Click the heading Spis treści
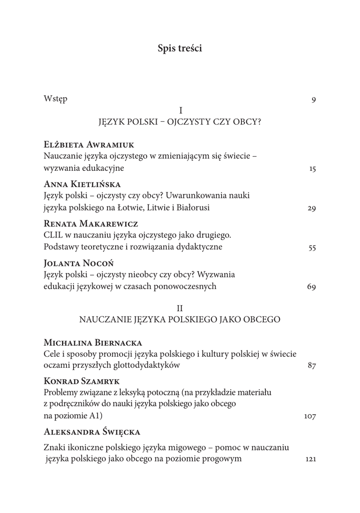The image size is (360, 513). coord(180,49)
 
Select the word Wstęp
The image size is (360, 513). coord(56,99)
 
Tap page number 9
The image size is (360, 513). coord(313,100)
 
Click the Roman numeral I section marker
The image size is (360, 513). coord(180,110)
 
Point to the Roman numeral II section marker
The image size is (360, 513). coord(180,307)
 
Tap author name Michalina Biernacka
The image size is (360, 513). coord(93,343)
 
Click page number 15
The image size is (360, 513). coord(312,169)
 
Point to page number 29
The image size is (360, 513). coord(311,208)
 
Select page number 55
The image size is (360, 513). coord(311,247)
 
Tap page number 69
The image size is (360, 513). coord(311,287)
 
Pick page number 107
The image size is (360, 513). coord(310,416)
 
